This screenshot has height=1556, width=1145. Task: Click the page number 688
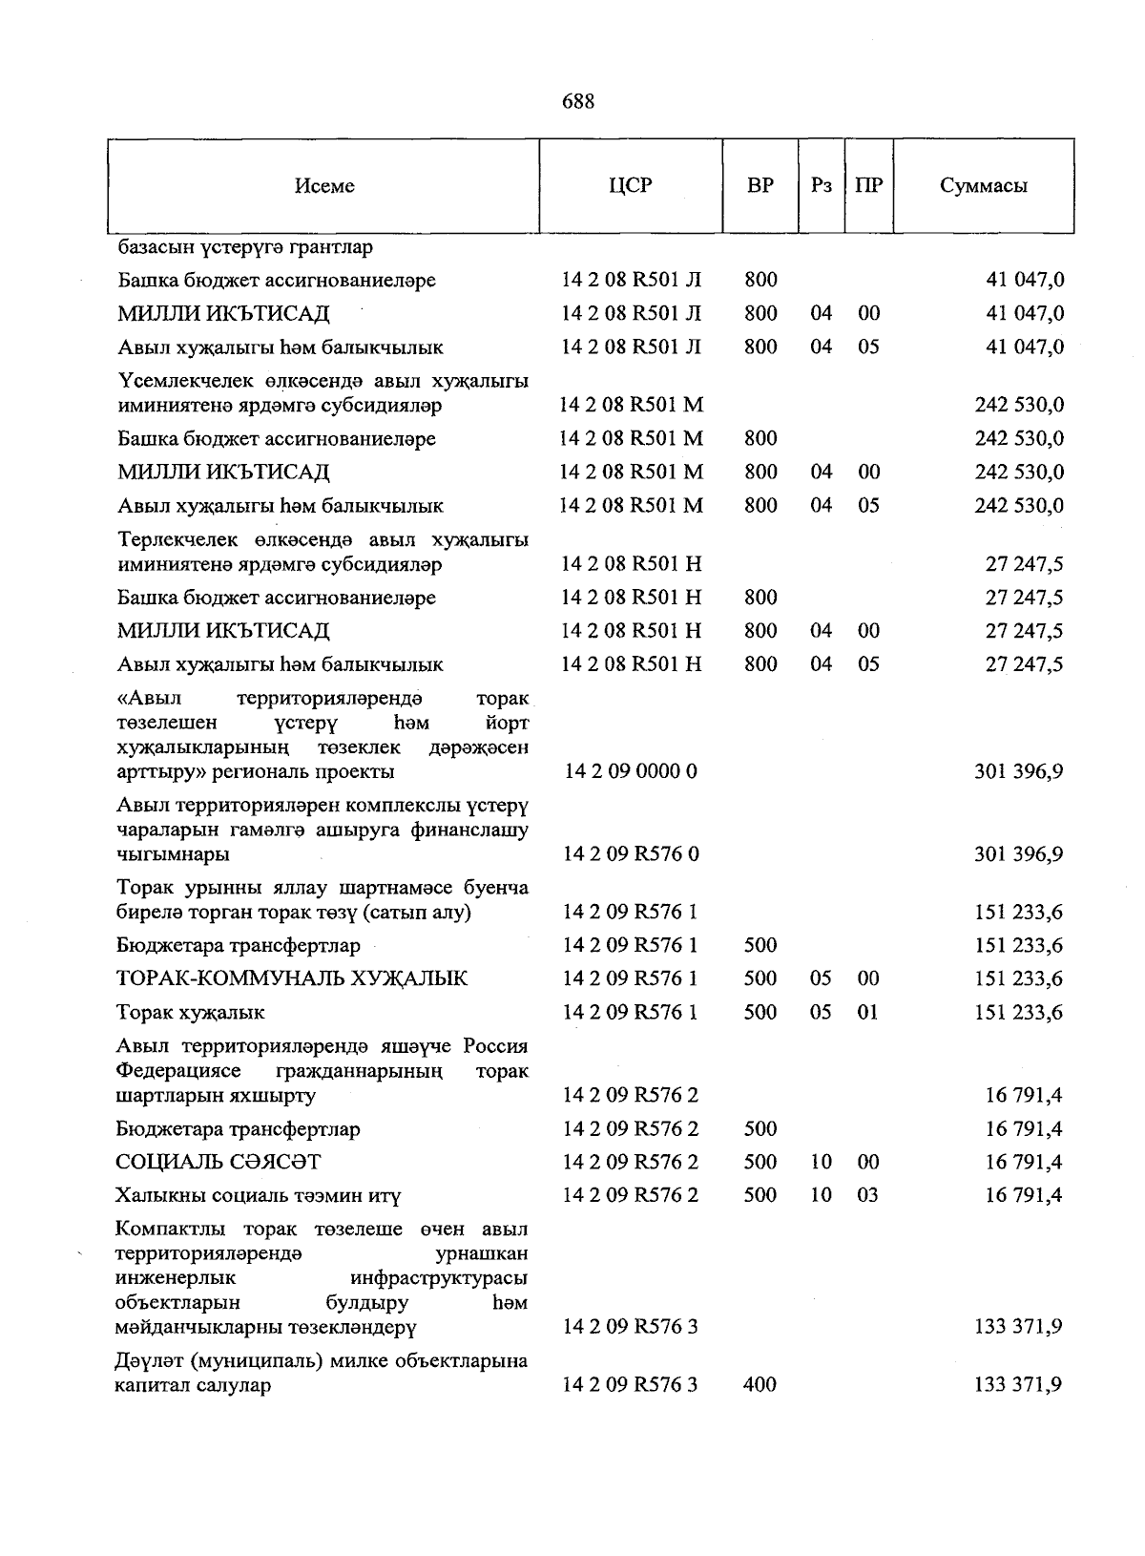(578, 101)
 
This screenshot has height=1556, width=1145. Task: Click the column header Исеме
(324, 186)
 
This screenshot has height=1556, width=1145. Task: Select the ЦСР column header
(631, 185)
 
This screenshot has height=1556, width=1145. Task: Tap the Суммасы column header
(983, 186)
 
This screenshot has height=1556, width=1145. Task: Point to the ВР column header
(760, 185)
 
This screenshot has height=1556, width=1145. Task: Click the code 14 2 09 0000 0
(631, 771)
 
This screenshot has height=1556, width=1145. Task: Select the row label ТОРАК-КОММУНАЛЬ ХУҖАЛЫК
(292, 978)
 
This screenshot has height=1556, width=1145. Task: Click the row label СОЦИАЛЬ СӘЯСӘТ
(219, 1162)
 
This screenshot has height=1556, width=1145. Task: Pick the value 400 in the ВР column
(760, 1384)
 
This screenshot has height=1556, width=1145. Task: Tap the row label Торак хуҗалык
(191, 1012)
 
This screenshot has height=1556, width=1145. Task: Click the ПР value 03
(867, 1195)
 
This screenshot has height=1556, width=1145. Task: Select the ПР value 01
(867, 1012)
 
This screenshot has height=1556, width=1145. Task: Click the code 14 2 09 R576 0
(631, 854)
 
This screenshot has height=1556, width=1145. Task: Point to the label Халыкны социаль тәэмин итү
(259, 1195)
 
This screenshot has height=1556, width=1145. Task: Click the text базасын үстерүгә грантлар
(245, 247)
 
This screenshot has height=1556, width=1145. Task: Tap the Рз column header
(821, 185)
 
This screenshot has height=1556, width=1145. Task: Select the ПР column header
(868, 185)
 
